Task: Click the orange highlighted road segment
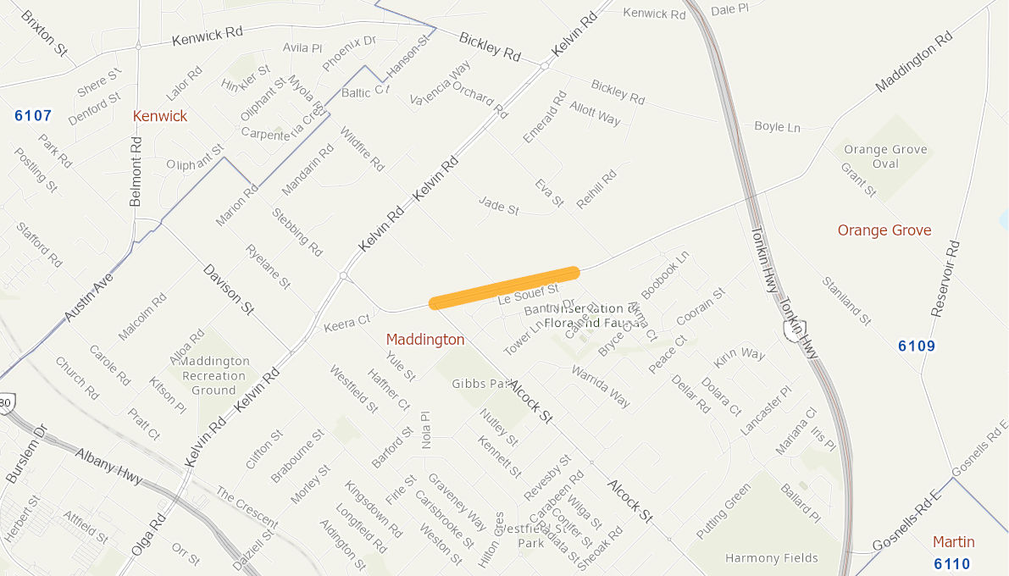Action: pyautogui.click(x=505, y=288)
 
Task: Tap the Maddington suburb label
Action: pyautogui.click(x=425, y=340)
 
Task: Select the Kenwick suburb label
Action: pyautogui.click(x=160, y=116)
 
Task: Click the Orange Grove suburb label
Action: pyautogui.click(x=884, y=230)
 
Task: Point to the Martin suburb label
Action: pyautogui.click(x=953, y=542)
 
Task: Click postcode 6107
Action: pyautogui.click(x=33, y=116)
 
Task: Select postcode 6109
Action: pyautogui.click(x=917, y=346)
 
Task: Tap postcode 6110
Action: pyautogui.click(x=952, y=563)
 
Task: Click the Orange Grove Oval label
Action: pyautogui.click(x=885, y=157)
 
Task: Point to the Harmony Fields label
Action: pyautogui.click(x=772, y=558)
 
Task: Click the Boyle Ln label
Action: pyautogui.click(x=777, y=127)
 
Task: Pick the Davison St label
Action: pyautogui.click(x=229, y=290)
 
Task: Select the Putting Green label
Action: pyautogui.click(x=723, y=511)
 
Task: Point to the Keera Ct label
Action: pyautogui.click(x=347, y=322)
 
